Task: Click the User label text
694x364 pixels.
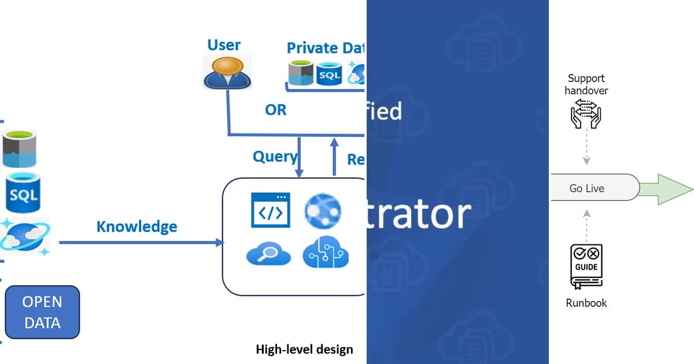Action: click(x=224, y=45)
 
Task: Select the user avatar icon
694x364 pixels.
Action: click(x=227, y=72)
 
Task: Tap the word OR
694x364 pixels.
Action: click(x=275, y=110)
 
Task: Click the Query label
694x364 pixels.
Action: click(x=275, y=156)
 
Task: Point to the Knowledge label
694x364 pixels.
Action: click(x=136, y=226)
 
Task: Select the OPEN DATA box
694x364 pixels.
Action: click(x=42, y=312)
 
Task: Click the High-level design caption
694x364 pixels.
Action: click(x=304, y=349)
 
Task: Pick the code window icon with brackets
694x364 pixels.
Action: click(x=270, y=210)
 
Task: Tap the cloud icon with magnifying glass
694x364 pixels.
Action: click(x=268, y=254)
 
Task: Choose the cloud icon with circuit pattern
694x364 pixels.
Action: click(x=326, y=253)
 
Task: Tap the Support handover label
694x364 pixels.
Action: click(x=586, y=84)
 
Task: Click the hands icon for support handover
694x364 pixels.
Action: click(x=586, y=113)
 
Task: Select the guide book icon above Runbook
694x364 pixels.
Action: click(x=586, y=266)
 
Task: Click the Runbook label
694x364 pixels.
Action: click(x=586, y=303)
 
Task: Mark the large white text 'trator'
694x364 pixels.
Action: click(x=419, y=214)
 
